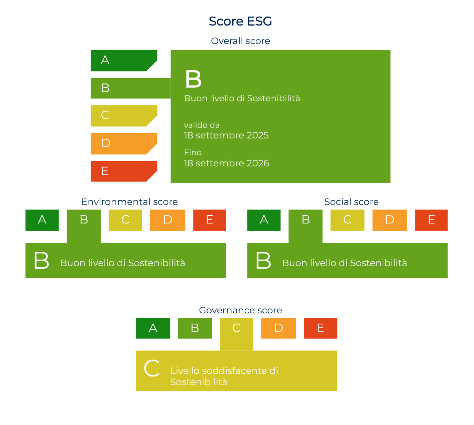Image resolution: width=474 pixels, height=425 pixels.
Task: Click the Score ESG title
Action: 240,21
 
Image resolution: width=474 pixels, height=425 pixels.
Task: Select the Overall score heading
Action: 240,41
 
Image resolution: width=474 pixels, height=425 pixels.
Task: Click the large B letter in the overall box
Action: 193,79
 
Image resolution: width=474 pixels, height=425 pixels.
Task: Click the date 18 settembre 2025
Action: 226,135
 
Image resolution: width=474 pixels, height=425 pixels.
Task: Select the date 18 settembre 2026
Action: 226,163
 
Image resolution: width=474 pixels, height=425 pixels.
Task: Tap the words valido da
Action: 202,125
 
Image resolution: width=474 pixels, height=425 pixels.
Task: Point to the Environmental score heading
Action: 130,202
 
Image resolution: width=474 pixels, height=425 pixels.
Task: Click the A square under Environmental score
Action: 42,220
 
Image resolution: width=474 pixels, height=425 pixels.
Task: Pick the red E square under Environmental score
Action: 209,220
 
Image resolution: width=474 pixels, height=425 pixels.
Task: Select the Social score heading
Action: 351,202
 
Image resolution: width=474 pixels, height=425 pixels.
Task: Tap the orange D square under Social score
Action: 390,220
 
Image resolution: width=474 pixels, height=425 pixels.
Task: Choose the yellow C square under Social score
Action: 347,220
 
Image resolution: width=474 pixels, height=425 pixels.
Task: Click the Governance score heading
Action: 240,310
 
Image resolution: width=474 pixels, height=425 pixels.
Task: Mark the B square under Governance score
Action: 195,328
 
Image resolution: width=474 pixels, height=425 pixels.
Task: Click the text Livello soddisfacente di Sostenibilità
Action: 224,376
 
